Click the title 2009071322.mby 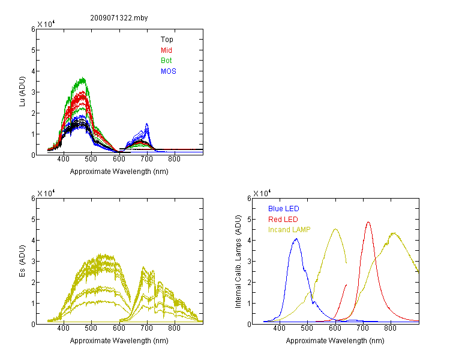pyautogui.click(x=119, y=18)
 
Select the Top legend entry pyautogui.click(x=167, y=40)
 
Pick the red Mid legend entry pyautogui.click(x=166, y=50)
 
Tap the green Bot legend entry pyautogui.click(x=166, y=61)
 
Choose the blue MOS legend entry pyautogui.click(x=168, y=71)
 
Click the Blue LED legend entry pyautogui.click(x=284, y=209)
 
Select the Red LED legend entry pyautogui.click(x=283, y=220)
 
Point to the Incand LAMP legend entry pyautogui.click(x=289, y=230)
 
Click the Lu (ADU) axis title pyautogui.click(x=22, y=92)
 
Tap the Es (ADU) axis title pyautogui.click(x=22, y=261)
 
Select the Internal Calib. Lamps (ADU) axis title pyautogui.click(x=238, y=262)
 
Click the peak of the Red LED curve pyautogui.click(x=368, y=222)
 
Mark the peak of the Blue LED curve pyautogui.click(x=296, y=239)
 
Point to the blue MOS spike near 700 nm pyautogui.click(x=147, y=124)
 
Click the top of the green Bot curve pyautogui.click(x=83, y=77)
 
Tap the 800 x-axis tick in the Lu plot pyautogui.click(x=174, y=159)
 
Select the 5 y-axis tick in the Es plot pyautogui.click(x=33, y=220)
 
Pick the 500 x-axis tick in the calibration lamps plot pyautogui.click(x=307, y=328)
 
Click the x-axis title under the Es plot pyautogui.click(x=119, y=341)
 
